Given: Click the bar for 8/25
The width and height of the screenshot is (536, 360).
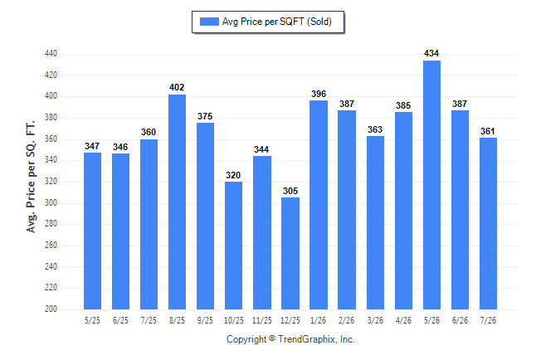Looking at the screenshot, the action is click(x=177, y=202).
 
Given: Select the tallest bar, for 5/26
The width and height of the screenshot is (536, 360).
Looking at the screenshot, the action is click(x=431, y=185).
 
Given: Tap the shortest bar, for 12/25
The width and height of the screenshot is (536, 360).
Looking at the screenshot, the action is click(x=290, y=253).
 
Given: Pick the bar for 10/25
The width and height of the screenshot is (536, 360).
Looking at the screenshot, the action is click(x=233, y=246).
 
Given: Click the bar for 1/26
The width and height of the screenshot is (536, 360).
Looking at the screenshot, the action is click(x=319, y=205).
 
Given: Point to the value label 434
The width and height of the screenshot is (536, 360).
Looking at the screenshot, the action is click(x=431, y=53).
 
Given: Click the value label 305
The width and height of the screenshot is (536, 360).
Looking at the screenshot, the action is click(x=290, y=191).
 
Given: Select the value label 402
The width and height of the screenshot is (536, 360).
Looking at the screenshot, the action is click(x=177, y=87).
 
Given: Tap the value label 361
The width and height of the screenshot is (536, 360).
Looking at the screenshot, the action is click(x=488, y=131).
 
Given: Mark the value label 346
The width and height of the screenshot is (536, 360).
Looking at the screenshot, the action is click(x=120, y=147).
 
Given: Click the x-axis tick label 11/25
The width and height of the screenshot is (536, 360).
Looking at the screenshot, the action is click(x=262, y=320).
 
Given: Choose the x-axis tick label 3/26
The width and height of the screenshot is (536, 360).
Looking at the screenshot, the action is click(x=375, y=320).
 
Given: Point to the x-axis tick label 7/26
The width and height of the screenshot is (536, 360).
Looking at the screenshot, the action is click(x=488, y=320).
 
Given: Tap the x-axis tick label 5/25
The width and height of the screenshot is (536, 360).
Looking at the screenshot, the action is click(x=92, y=320).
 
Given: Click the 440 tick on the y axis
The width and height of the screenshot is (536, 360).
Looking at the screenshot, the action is click(x=51, y=54).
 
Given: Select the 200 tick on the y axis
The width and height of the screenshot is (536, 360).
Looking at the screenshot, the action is click(x=51, y=309).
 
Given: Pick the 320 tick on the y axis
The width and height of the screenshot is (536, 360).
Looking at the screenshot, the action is click(x=51, y=181).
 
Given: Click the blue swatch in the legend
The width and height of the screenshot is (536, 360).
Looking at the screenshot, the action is click(x=209, y=22).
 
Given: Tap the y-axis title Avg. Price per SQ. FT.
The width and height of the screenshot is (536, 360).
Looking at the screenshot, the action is click(x=31, y=177).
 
